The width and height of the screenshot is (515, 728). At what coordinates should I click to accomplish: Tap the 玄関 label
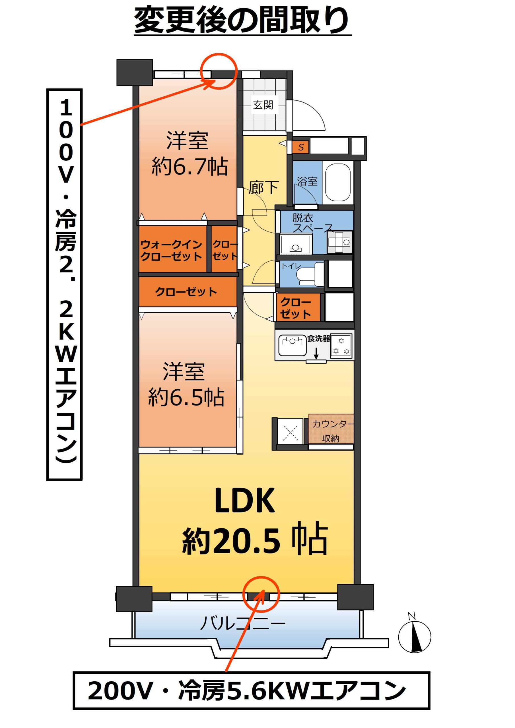point(263,105)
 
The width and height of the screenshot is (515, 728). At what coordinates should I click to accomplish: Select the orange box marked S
point(300,147)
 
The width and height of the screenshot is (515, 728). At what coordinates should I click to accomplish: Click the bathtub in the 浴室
point(338,182)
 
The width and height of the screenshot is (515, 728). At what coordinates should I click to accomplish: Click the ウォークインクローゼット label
point(171,250)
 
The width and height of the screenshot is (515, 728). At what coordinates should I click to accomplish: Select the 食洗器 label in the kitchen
point(319,338)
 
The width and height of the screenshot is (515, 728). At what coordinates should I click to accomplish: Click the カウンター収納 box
point(331,429)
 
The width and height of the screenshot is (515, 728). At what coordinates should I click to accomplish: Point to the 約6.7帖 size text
point(190,166)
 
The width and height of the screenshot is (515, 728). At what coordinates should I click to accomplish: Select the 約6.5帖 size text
point(186,397)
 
